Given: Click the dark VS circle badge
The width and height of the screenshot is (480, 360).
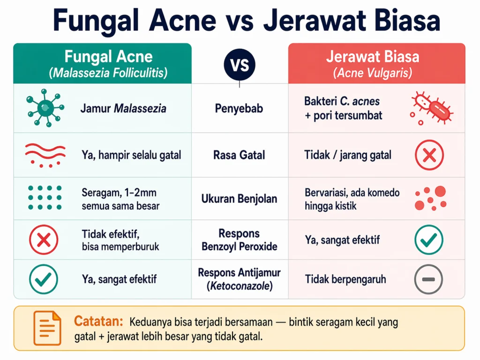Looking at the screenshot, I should pyautogui.click(x=239, y=64).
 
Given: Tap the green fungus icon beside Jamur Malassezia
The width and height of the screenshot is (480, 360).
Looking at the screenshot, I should pyautogui.click(x=44, y=107).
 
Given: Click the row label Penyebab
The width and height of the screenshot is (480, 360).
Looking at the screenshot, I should pyautogui.click(x=239, y=109).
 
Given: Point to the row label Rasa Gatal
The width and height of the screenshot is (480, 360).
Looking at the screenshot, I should pyautogui.click(x=239, y=155).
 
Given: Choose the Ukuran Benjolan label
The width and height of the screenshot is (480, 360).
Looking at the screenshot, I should pyautogui.click(x=239, y=199).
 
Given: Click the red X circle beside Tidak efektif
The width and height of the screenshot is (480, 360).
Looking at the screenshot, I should pyautogui.click(x=44, y=240).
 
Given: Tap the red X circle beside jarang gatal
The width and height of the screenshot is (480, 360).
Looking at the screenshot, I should pyautogui.click(x=429, y=155).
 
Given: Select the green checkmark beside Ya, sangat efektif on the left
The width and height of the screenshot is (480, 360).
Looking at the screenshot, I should pyautogui.click(x=44, y=279).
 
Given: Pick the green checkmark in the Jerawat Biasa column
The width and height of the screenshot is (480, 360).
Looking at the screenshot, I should pyautogui.click(x=429, y=240).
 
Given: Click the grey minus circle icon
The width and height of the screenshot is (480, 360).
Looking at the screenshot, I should pyautogui.click(x=429, y=279).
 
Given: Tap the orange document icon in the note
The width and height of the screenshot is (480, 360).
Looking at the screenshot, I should pyautogui.click(x=47, y=328).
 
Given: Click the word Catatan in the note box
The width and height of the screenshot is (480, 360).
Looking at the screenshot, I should pyautogui.click(x=98, y=322).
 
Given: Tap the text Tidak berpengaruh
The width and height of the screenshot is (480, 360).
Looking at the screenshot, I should pyautogui.click(x=345, y=280).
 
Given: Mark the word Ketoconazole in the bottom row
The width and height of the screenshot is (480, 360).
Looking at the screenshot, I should pyautogui.click(x=240, y=285).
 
